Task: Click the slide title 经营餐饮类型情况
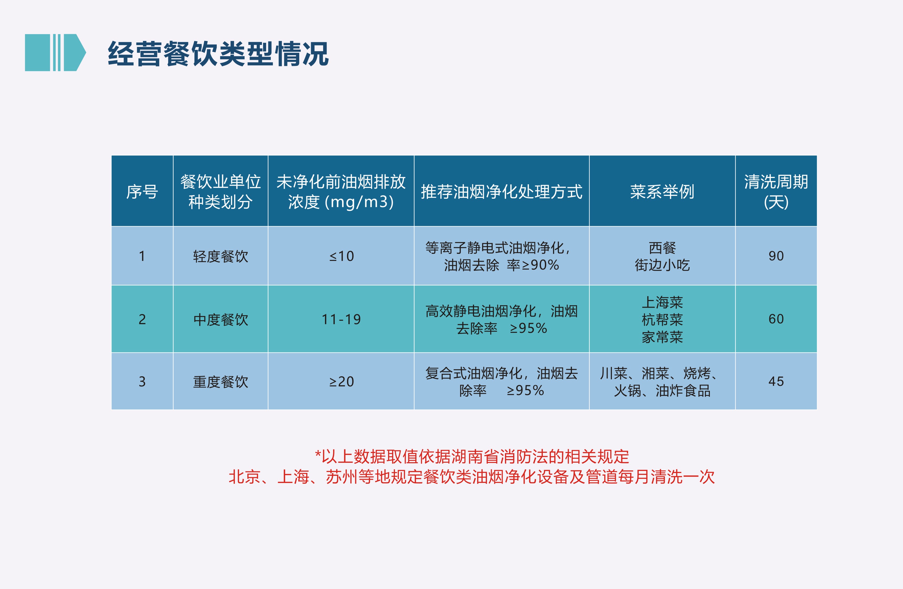[x=218, y=54]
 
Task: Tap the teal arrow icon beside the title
[x=55, y=53]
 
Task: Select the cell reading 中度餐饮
[x=220, y=319]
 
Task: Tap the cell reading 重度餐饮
[x=220, y=382]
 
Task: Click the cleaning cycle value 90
[x=776, y=256]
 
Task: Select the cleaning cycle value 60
[x=776, y=319]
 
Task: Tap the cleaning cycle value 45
[x=776, y=381]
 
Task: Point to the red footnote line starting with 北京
[x=471, y=477]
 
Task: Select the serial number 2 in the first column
[x=142, y=319]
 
